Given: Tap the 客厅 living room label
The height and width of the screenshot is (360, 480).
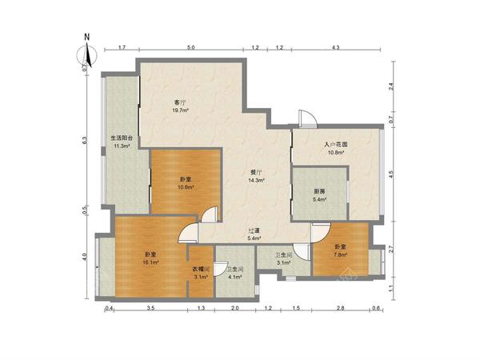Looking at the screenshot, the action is (180, 102).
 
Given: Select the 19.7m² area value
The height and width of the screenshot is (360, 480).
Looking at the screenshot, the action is (180, 110).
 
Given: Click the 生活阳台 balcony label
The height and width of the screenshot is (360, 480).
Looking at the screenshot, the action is (122, 138).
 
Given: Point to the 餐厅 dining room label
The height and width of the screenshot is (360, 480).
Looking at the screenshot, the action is (256, 172).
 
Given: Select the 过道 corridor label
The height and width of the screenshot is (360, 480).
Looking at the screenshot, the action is (254, 230).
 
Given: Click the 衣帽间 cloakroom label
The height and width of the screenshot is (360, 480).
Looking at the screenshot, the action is (201, 270).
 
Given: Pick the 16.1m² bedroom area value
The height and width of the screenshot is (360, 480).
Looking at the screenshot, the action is (150, 262).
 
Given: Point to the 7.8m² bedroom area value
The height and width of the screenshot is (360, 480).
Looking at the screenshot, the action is (341, 254).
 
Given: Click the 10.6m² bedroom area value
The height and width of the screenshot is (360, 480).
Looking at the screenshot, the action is (186, 186).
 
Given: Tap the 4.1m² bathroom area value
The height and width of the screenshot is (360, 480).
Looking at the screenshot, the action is (235, 277).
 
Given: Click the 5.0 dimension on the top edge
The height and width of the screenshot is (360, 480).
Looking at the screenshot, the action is (191, 47).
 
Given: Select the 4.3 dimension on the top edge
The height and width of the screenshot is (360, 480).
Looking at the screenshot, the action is (336, 47).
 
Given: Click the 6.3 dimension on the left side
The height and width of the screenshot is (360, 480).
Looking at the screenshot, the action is (85, 140).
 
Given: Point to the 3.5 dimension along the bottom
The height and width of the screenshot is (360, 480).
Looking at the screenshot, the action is (150, 309).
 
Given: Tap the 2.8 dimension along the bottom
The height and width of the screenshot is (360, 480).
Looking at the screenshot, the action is (341, 309).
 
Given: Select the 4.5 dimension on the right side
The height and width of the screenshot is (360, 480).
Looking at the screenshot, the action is (390, 174).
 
